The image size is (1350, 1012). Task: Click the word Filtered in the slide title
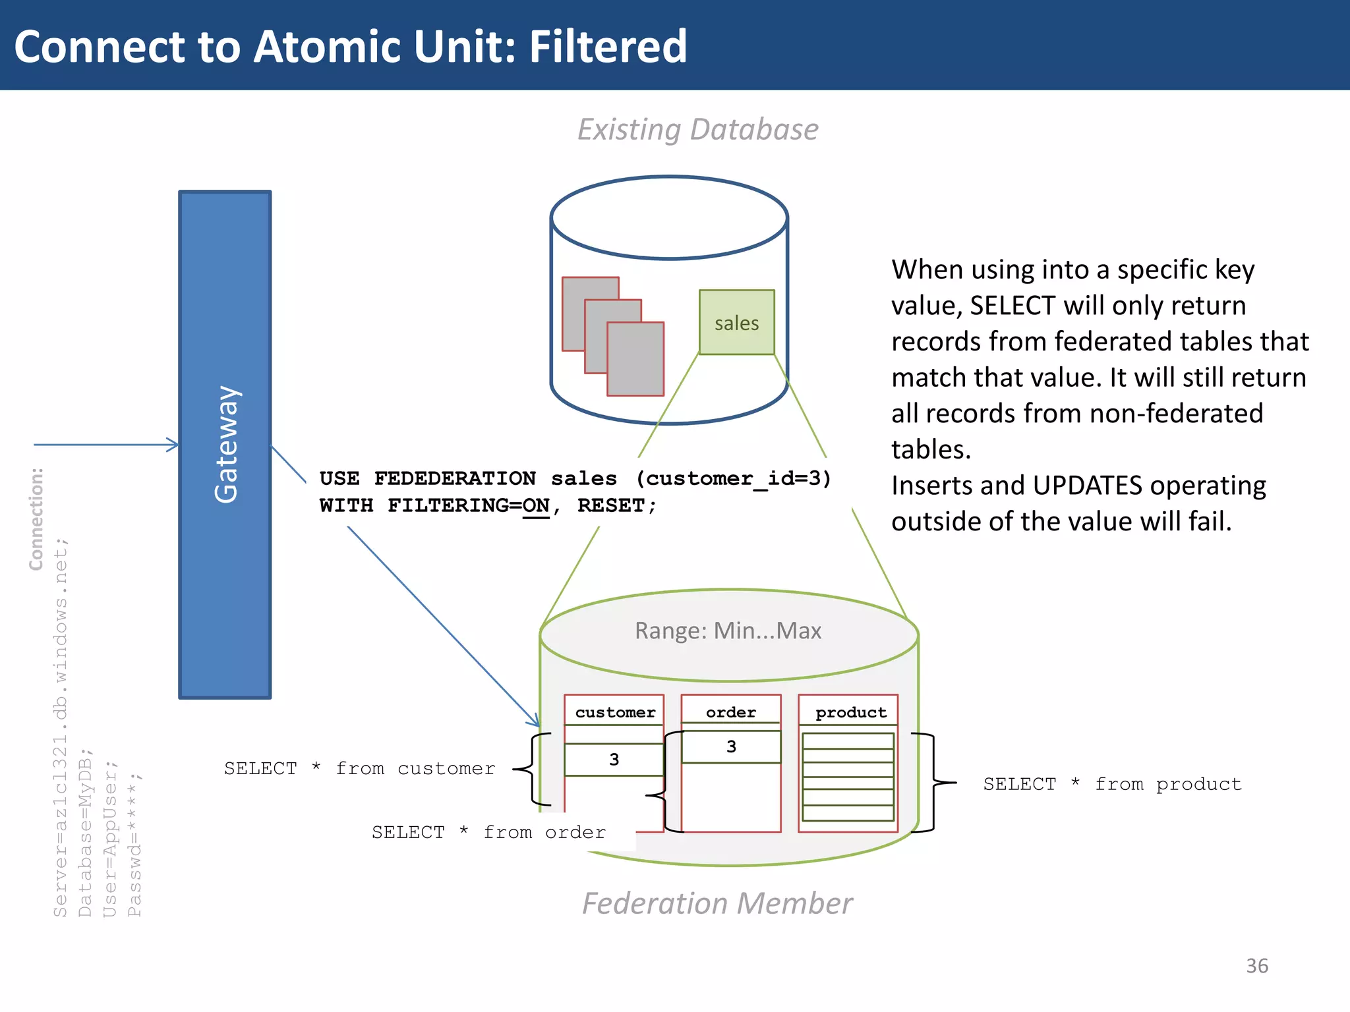tap(607, 47)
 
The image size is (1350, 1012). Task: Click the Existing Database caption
tap(698, 129)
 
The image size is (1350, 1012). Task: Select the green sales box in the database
tap(736, 323)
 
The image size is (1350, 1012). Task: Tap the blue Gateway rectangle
tap(225, 445)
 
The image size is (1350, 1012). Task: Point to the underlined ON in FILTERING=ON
tap(535, 506)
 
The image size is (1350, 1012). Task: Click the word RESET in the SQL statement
tap(610, 506)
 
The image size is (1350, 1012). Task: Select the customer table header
tap(614, 712)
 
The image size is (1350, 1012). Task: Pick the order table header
tap(730, 712)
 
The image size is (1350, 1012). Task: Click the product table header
tap(850, 712)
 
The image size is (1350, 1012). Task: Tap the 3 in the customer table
tap(614, 760)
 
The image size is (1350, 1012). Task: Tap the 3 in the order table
tap(731, 746)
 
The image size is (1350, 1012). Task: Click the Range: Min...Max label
tap(728, 631)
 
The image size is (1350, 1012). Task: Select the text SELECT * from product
tap(1112, 784)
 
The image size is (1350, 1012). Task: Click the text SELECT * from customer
tap(359, 769)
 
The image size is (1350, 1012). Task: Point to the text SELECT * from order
tap(488, 832)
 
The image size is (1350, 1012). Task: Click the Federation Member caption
tap(717, 903)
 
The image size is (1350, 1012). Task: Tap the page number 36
tap(1256, 966)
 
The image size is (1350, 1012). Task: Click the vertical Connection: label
tap(36, 519)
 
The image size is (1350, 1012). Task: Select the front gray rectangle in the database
tap(635, 359)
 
